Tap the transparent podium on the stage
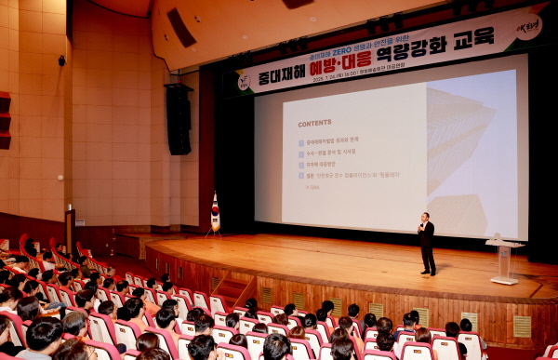(504, 260)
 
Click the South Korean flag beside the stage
(215, 212)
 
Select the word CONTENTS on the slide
(314, 123)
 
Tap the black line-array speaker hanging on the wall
(178, 119)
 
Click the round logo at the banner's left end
(244, 81)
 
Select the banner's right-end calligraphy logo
(526, 27)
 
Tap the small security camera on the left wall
(62, 60)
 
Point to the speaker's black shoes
(428, 273)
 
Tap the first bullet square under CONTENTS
(300, 142)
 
